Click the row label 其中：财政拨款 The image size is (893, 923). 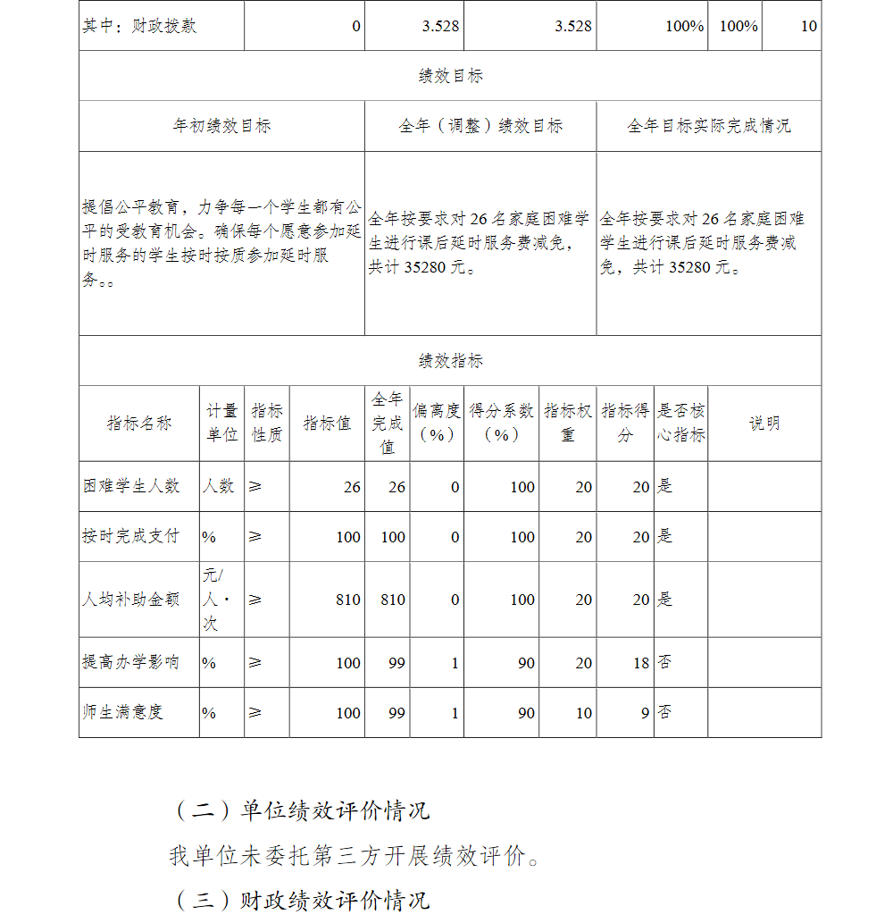click(x=139, y=26)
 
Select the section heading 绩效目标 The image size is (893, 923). click(x=450, y=76)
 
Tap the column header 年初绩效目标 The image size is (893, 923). click(x=221, y=126)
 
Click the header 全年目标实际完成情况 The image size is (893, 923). click(x=708, y=126)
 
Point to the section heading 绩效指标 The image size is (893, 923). click(x=450, y=361)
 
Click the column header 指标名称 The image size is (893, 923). click(x=139, y=424)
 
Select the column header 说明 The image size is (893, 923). click(x=764, y=424)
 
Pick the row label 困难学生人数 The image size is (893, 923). click(x=131, y=486)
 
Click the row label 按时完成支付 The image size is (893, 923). click(x=131, y=536)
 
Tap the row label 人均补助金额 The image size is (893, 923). click(x=131, y=600)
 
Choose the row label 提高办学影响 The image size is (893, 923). click(x=131, y=662)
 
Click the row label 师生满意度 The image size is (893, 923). click(x=123, y=712)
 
